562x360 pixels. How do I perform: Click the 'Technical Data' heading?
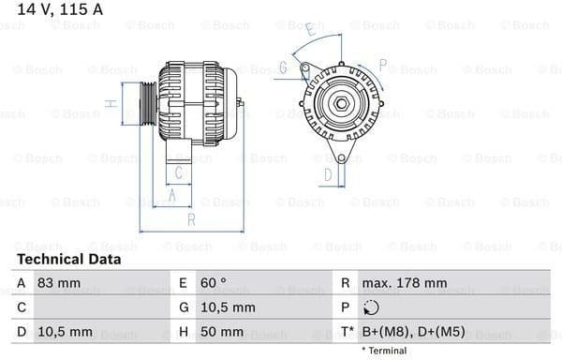point(68,259)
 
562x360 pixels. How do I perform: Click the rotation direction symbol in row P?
point(371,307)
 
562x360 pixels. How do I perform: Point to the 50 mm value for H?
point(224,333)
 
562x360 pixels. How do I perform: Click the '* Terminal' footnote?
point(384,351)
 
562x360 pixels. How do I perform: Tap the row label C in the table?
point(21,307)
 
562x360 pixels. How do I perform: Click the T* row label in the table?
point(347,333)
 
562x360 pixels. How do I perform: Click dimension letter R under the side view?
point(190,219)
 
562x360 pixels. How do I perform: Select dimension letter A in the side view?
point(171,195)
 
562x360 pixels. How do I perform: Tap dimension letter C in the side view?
point(181,172)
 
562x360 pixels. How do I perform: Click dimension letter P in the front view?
point(382,65)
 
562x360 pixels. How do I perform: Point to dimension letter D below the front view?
point(328,173)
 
